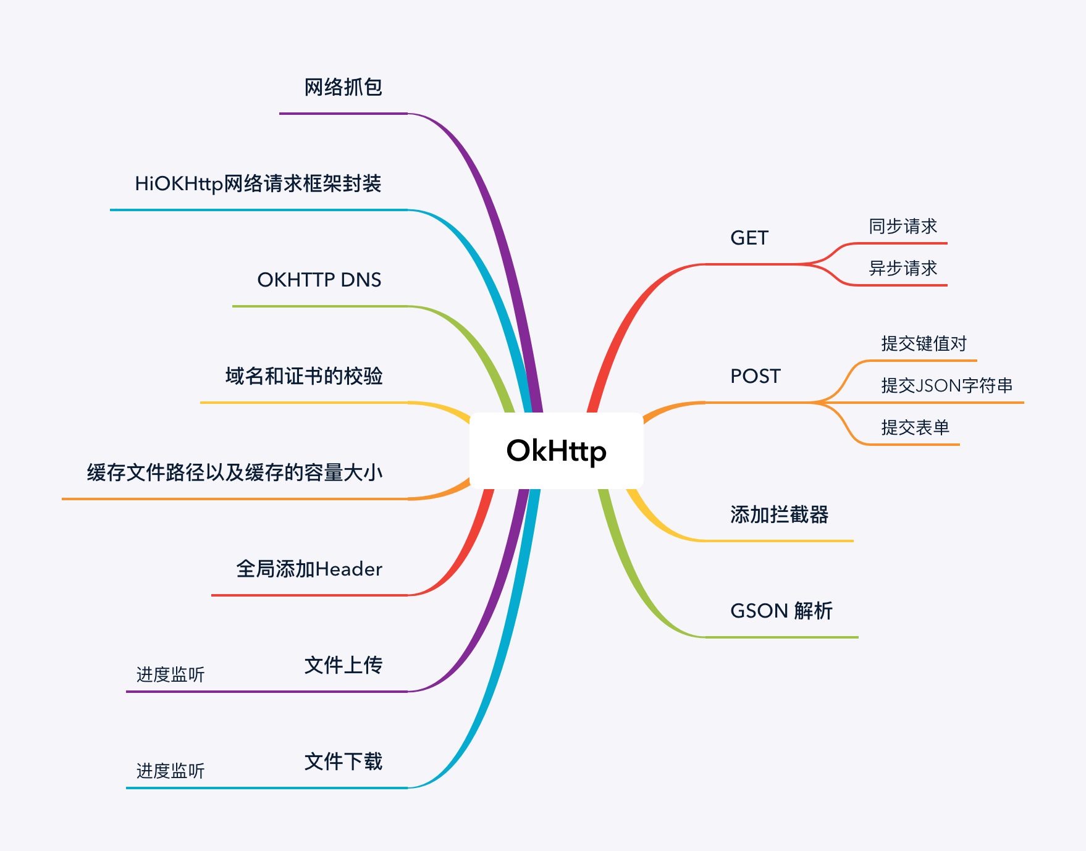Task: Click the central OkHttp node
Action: pos(556,451)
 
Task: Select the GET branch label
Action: pos(749,238)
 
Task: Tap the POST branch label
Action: pos(755,376)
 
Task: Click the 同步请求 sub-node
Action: pos(903,227)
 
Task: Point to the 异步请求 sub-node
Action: pos(903,269)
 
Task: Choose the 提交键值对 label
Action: pos(924,344)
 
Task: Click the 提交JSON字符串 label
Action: pos(946,386)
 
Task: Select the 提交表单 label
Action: pos(915,427)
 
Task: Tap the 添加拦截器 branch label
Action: pos(779,514)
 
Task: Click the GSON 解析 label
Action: pos(781,611)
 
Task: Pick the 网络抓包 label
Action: pos(343,88)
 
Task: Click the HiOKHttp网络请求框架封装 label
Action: pos(258,184)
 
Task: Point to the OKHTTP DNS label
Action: pos(319,280)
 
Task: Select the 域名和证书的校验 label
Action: pos(303,376)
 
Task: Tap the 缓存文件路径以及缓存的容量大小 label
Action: pos(235,472)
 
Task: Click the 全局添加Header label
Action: pos(309,569)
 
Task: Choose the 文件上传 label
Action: pos(343,665)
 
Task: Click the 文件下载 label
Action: pos(343,761)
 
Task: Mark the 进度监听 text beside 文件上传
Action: pos(170,674)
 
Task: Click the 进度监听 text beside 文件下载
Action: pos(170,771)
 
